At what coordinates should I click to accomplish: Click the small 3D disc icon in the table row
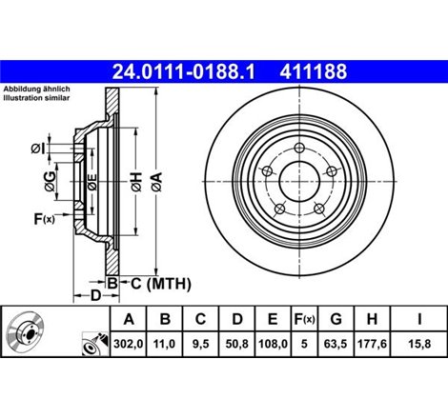(x=26, y=336)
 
